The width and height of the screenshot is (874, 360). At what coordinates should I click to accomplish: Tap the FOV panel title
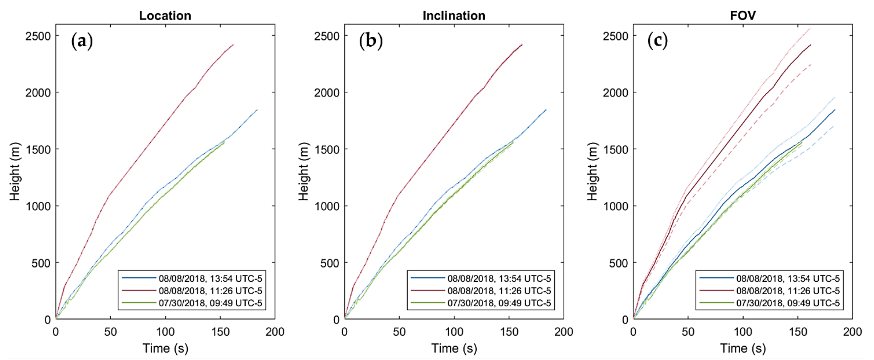743,16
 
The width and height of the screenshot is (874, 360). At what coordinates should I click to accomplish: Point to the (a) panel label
82,41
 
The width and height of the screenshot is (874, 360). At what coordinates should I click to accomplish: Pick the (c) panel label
658,41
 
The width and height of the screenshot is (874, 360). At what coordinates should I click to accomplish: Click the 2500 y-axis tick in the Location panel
38,36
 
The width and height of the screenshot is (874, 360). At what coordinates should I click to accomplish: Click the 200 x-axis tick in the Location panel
275,332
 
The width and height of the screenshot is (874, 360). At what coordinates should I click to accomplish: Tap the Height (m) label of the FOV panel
592,171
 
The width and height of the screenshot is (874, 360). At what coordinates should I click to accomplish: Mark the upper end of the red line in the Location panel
233,44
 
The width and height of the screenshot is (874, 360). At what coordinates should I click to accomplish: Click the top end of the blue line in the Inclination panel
546,110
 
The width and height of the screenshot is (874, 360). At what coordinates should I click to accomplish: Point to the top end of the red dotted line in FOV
811,28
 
